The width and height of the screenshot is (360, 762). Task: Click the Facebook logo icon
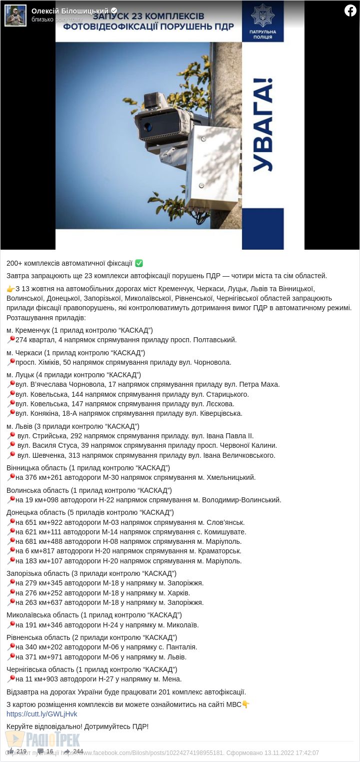point(350,11)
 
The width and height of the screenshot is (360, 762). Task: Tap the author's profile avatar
point(15,16)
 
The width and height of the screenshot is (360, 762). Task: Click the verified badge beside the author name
point(114,11)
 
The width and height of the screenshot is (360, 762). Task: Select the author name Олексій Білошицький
point(69,11)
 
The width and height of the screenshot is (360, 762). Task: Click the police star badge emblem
point(262,16)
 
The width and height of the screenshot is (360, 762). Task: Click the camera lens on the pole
point(148,127)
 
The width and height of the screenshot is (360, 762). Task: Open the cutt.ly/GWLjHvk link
point(42,714)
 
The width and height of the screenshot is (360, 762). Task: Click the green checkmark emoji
point(139,263)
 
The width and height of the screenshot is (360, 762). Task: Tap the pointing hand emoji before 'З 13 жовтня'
point(10,289)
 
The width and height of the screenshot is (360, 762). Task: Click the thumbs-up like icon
point(10,751)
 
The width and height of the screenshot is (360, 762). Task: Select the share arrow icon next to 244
point(67,751)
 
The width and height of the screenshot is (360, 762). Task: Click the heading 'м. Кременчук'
point(28,330)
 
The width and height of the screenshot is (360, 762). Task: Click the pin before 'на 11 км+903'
point(10,679)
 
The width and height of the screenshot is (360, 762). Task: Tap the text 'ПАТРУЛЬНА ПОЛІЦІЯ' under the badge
point(262,34)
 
